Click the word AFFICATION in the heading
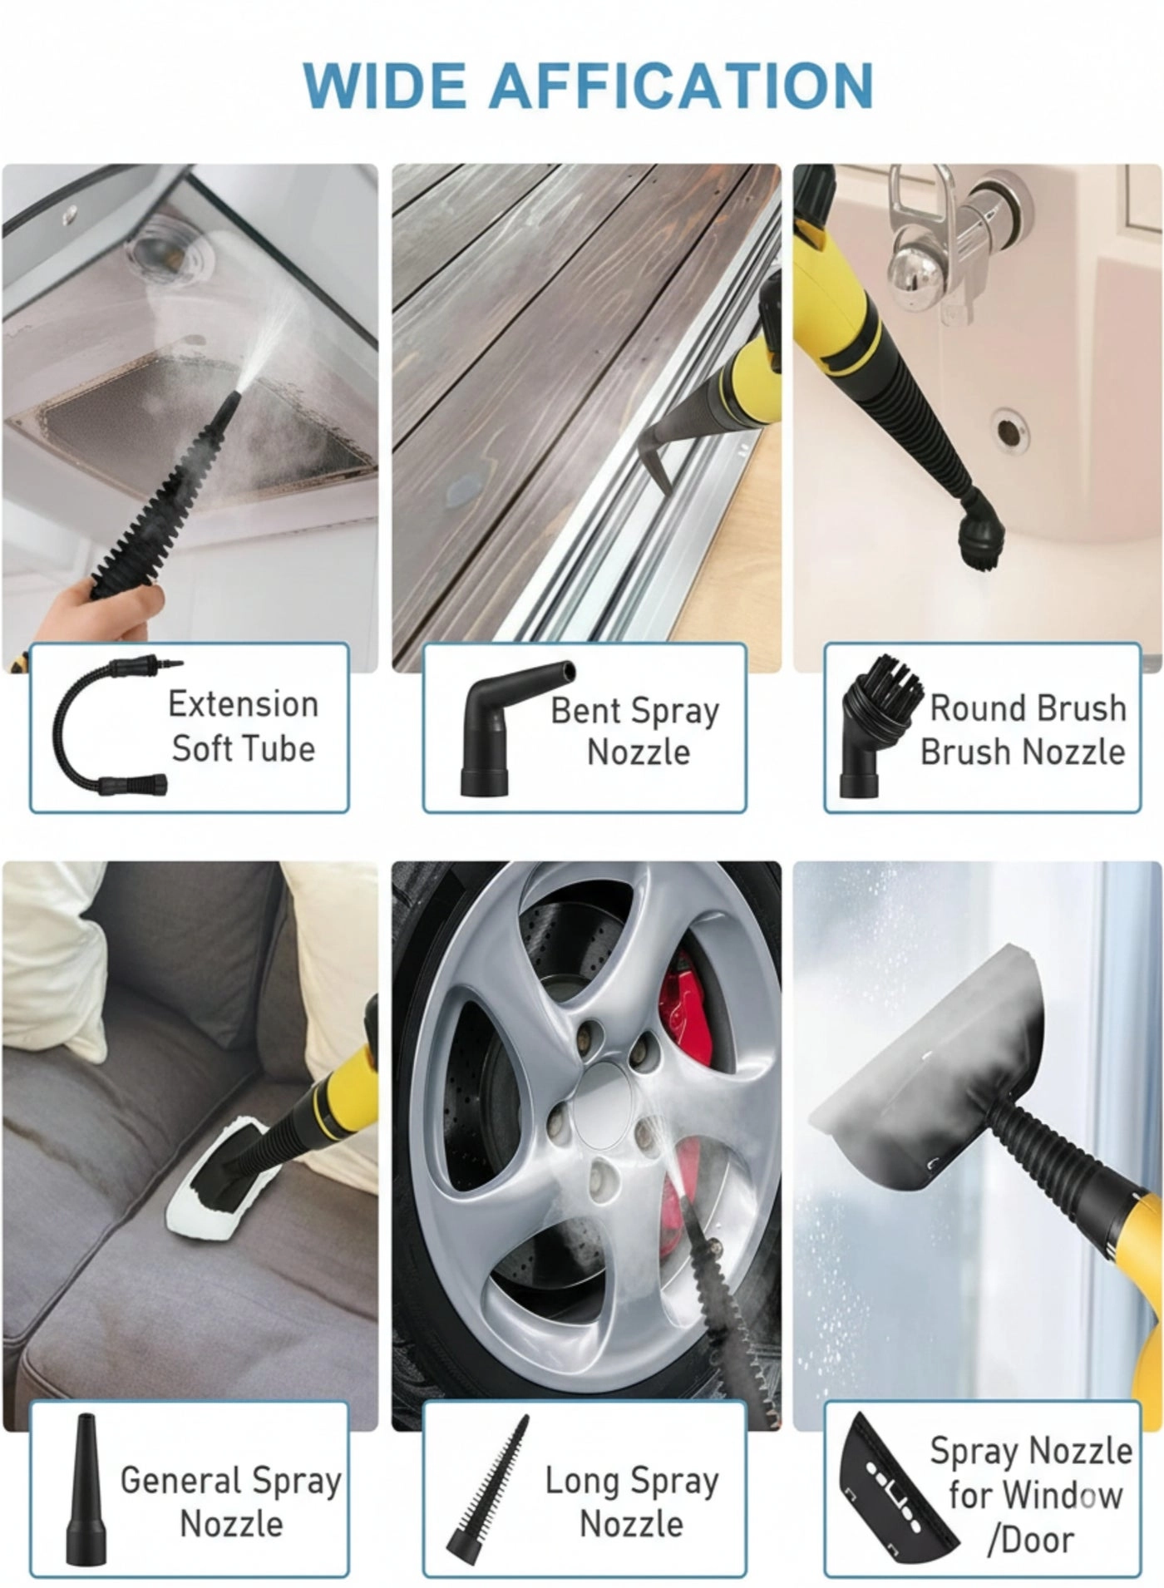681,85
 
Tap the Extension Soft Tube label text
243,726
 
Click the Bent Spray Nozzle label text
635,731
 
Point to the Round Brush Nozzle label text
1023,729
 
